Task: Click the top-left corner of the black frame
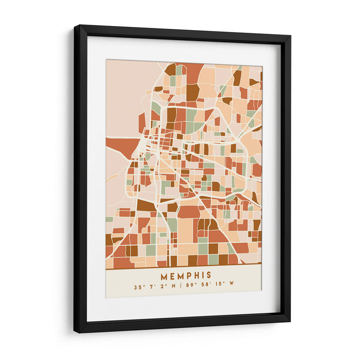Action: (x=75, y=26)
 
